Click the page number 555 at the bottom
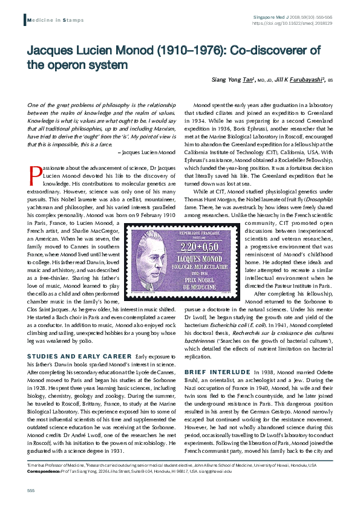pyautogui.click(x=32, y=491)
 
